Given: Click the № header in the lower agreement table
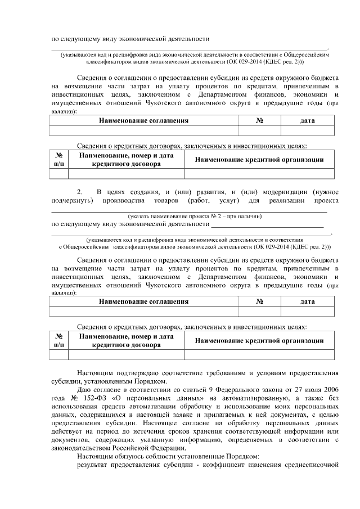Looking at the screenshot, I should pyautogui.click(x=260, y=301).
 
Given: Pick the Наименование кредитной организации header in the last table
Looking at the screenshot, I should pyautogui.click(x=259, y=340).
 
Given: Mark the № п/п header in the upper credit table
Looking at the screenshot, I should pyautogui.click(x=58, y=160).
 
